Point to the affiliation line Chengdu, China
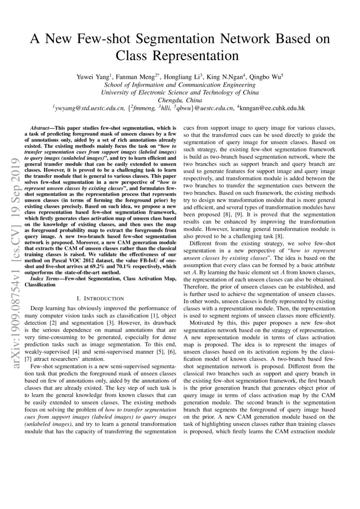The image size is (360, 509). pyautogui.click(x=180, y=100)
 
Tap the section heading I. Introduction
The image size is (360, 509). pyautogui.click(x=100, y=298)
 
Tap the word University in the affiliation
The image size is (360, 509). pyautogui.click(x=115, y=92)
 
